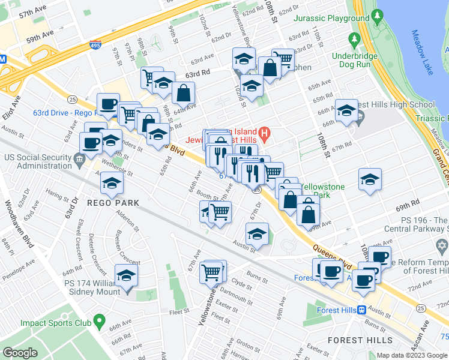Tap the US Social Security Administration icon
click(79, 158)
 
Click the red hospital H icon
click(264, 132)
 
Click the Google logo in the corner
click(20, 353)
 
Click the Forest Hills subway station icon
click(362, 310)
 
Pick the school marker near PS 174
click(126, 277)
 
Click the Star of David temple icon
click(443, 247)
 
